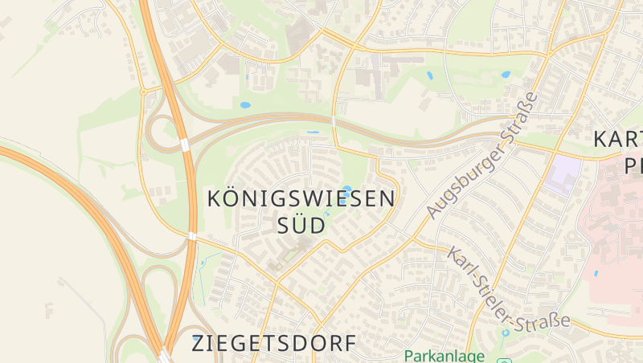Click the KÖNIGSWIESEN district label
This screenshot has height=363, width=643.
click(301, 199)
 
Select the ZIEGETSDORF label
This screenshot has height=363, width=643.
click(273, 344)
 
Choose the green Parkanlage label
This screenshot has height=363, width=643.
click(444, 355)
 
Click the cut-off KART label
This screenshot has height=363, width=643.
click(617, 138)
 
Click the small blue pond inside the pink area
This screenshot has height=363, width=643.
click(596, 273)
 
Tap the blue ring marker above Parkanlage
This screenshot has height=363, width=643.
click(505, 332)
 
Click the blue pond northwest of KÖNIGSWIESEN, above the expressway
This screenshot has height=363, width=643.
click(244, 105)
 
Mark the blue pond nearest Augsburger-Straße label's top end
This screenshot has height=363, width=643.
click(506, 75)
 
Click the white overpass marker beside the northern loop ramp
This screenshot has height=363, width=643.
click(185, 145)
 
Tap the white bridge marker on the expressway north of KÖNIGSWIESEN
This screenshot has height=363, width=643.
click(334, 120)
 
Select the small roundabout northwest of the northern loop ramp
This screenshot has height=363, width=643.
click(143, 92)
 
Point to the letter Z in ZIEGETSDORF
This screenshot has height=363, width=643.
click(199, 344)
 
